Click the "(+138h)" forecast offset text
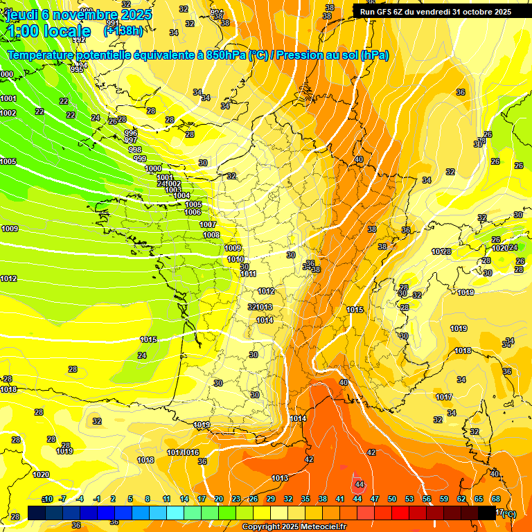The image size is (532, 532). tap(123, 30)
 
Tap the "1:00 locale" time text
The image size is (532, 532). tap(48, 31)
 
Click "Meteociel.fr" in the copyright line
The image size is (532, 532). tap(323, 527)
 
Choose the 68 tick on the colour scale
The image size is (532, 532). tap(496, 499)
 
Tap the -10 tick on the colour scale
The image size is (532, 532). tap(47, 499)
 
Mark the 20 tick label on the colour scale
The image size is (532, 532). tap(219, 499)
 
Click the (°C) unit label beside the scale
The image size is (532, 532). tap(508, 513)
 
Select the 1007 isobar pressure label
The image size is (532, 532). tap(208, 224)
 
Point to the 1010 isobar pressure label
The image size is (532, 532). tap(236, 259)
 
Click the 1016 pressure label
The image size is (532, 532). tap(191, 452)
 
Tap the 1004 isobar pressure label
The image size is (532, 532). tap(181, 196)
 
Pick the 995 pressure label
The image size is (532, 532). tap(77, 69)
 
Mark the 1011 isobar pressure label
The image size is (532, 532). tap(248, 274)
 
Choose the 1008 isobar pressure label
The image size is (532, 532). tap(211, 236)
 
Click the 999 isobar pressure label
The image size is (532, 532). tap(140, 159)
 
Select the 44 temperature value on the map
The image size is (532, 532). tap(359, 484)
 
